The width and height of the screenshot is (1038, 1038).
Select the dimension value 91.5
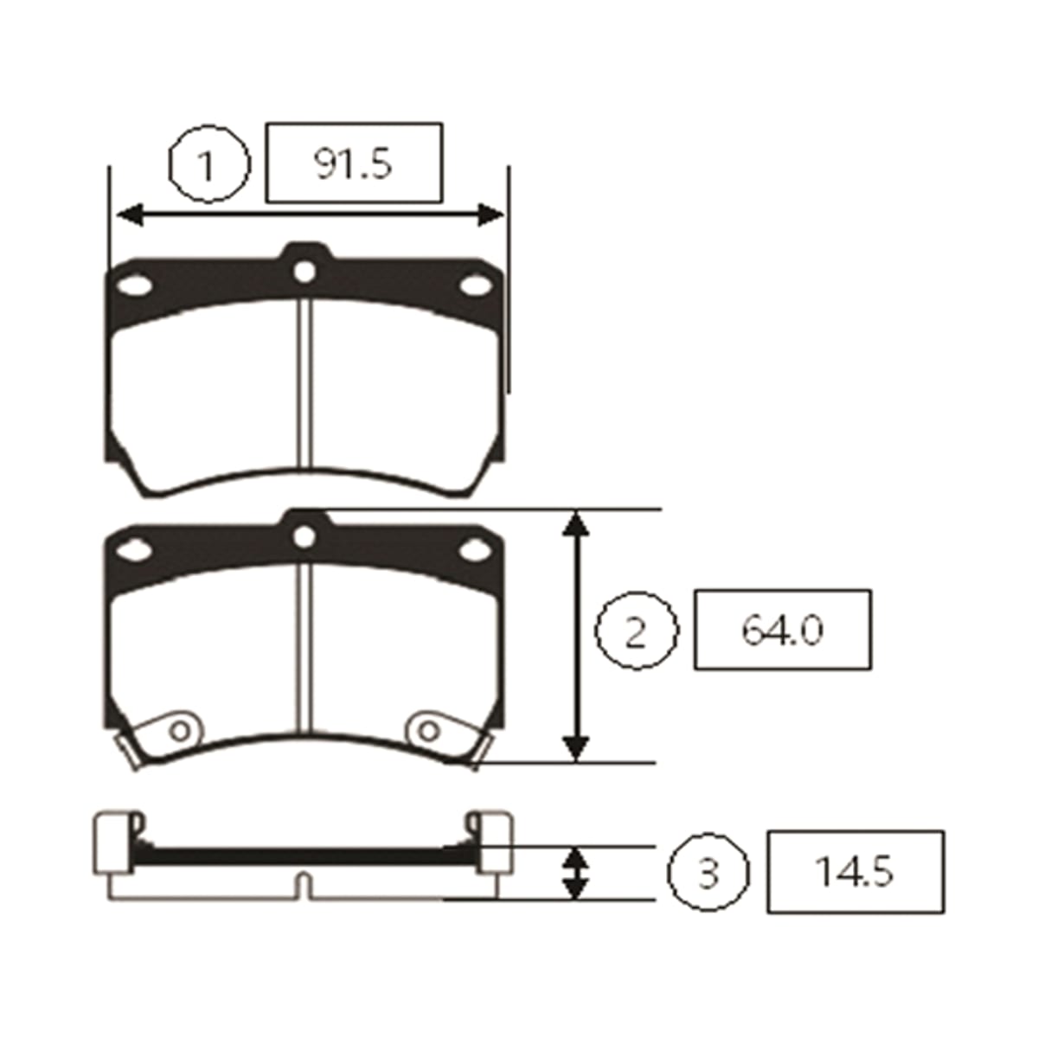pos(354,163)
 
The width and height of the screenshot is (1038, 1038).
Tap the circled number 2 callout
pos(636,631)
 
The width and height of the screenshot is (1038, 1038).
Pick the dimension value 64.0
pos(783,631)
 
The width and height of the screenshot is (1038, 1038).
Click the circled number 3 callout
pos(708,873)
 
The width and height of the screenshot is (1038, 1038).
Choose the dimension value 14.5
pos(855,872)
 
